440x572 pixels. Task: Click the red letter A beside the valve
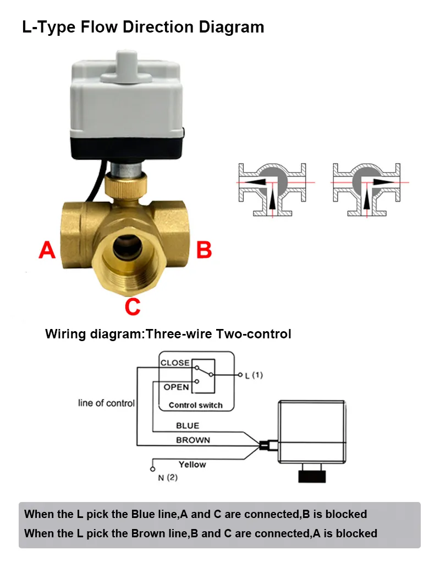47,250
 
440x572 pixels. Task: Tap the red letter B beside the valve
204,250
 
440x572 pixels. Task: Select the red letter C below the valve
133,307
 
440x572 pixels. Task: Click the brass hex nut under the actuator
126,186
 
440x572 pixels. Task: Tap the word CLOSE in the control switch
175,363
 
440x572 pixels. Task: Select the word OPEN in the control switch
177,387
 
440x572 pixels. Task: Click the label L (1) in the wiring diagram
254,375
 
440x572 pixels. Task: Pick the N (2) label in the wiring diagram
168,478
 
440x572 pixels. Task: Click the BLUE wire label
188,426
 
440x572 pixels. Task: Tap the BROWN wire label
193,440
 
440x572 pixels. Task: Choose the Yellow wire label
192,465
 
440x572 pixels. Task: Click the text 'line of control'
106,403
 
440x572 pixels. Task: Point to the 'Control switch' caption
196,405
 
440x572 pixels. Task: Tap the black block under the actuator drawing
312,477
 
